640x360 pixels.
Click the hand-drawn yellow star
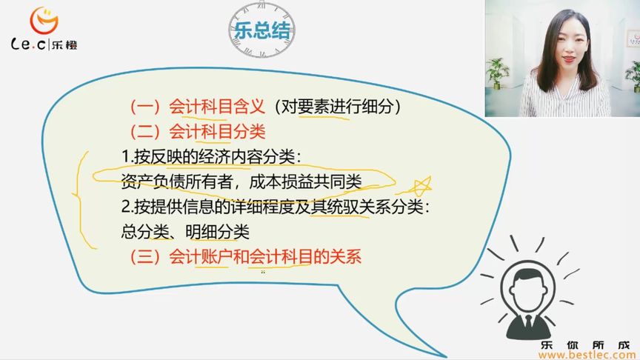tap(421, 184)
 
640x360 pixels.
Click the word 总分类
tap(144, 231)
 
